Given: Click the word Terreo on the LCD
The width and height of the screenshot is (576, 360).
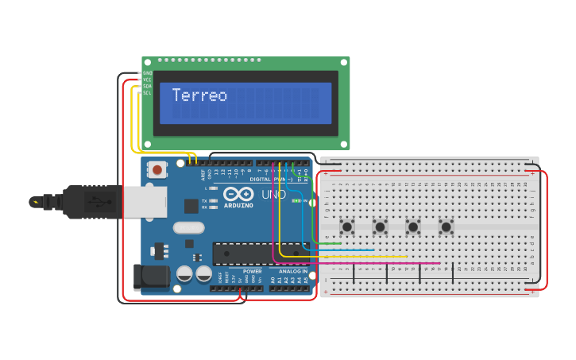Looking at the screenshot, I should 199,95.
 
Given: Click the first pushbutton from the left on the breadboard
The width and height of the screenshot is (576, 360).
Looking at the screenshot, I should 347,226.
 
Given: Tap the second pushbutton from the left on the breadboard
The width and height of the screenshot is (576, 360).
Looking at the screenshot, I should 381,226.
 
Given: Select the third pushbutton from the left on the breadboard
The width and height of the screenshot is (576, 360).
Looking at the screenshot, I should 413,226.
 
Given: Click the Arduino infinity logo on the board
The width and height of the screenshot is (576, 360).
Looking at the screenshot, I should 238,194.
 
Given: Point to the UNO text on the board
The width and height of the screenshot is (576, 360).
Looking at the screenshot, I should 274,194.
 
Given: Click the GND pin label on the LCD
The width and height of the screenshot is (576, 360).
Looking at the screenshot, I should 147,73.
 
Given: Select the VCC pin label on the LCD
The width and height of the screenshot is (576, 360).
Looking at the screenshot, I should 147,79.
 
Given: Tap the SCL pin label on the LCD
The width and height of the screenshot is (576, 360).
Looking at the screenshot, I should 147,93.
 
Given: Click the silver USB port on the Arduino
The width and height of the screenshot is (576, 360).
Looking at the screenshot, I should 146,201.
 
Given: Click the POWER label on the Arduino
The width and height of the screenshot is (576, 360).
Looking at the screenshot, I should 253,271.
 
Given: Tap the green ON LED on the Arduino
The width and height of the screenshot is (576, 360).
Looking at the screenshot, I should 296,201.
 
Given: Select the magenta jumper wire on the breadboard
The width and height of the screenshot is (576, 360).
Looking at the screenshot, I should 358,263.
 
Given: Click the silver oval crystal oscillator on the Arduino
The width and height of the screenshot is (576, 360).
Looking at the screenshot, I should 188,228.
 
